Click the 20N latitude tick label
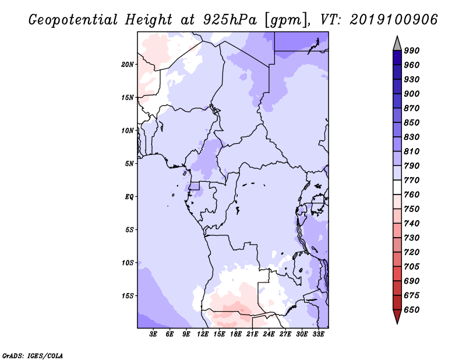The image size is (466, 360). point(128,64)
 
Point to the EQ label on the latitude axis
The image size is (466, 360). point(129,196)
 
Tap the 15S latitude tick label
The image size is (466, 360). point(128,296)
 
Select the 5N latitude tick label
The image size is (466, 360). point(129,164)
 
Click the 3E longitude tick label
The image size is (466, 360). point(153,334)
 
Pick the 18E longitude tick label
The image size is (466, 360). point(235,334)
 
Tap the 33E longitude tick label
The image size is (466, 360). point(318,334)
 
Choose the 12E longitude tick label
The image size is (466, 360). point(202,334)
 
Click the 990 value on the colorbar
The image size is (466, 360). point(412,51)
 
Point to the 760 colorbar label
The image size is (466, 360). point(412,195)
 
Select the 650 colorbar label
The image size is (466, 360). point(412,310)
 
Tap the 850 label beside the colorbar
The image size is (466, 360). point(412,122)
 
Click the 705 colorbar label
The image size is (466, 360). point(412,266)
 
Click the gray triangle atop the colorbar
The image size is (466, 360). point(397,45)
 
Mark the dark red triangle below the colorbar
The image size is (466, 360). point(397,316)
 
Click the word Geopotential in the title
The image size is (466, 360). point(73,20)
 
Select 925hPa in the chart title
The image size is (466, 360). point(230,20)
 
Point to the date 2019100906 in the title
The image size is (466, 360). point(394,20)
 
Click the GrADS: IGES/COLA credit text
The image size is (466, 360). point(33,356)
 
